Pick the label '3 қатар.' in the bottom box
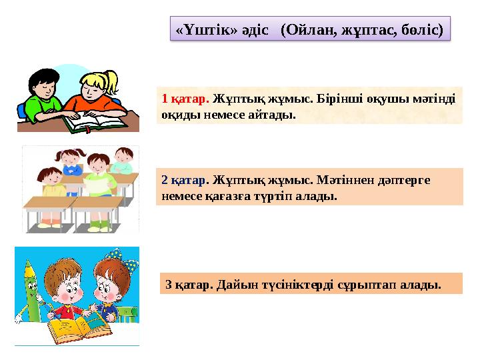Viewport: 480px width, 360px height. click(x=187, y=285)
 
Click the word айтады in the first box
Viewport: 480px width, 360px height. click(x=273, y=114)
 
